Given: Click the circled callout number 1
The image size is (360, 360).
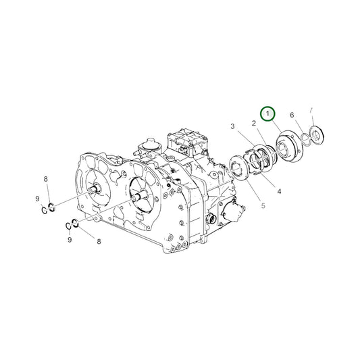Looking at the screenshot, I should point(269,113).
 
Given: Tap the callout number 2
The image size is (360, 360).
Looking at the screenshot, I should point(253,124).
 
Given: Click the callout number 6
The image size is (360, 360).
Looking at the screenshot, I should point(292,115).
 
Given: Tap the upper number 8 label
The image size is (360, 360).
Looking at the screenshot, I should point(45,179).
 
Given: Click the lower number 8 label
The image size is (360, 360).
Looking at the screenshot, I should point(99,240).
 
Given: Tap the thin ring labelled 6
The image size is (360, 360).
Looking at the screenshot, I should point(305,138).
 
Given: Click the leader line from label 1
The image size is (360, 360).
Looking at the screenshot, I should point(277,132).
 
